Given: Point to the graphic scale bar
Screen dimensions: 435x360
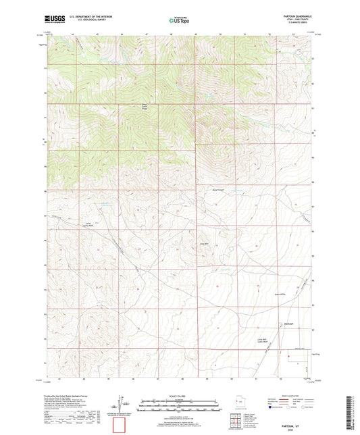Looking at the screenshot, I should coord(180,406).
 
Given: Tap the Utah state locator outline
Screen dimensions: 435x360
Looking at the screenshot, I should coord(238,404).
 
